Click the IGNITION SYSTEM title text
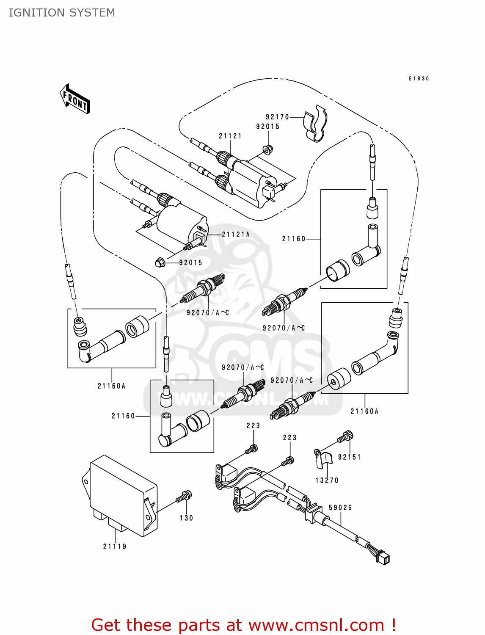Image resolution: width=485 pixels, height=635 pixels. pos(62,13)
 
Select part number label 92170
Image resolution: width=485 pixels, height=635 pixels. pos(277,117)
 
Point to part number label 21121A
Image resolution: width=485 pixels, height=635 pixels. pos(236,235)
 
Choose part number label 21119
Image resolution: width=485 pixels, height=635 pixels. pos(115,547)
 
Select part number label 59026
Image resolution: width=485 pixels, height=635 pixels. pos(340,508)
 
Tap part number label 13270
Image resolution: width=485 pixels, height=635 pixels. pos(327,480)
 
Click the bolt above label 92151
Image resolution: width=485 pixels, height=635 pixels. pos(346,436)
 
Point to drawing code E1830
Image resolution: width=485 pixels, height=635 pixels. pos(419,79)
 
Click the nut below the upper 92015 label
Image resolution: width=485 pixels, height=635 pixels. pos(267,149)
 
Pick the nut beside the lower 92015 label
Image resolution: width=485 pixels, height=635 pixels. pos(160,262)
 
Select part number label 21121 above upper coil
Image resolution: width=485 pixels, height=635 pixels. pos(230,136)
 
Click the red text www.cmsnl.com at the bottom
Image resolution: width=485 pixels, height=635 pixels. pos(316,625)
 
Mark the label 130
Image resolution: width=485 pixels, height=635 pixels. pos(186,518)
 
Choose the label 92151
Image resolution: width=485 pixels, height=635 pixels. pos(349,457)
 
